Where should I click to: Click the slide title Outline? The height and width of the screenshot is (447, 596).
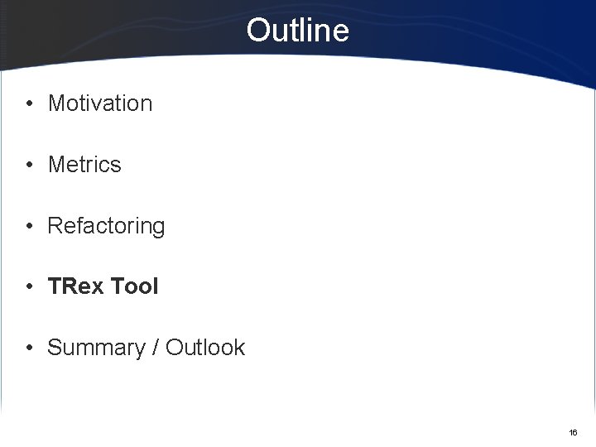click(298, 31)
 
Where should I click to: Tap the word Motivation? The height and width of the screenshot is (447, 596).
click(100, 103)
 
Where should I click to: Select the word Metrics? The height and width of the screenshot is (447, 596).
click(84, 165)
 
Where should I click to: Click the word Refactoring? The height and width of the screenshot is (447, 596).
click(106, 226)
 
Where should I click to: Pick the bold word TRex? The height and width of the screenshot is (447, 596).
click(75, 286)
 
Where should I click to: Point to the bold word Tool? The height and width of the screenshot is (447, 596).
click(134, 286)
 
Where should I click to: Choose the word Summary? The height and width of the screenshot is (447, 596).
click(96, 348)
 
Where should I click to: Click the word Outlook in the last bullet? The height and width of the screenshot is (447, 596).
click(205, 348)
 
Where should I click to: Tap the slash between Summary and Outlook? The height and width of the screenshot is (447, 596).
click(155, 348)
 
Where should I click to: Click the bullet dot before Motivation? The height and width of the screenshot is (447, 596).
click(29, 104)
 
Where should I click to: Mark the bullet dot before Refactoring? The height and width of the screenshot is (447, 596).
click(29, 226)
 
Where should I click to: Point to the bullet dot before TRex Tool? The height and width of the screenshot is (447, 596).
click(29, 287)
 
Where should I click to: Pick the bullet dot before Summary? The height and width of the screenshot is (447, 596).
click(29, 348)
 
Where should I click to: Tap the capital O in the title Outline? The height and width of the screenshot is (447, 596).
click(257, 31)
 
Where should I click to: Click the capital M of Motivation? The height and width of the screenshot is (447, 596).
click(56, 103)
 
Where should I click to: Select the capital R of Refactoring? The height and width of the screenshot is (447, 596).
click(55, 226)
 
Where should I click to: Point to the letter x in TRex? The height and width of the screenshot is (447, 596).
click(97, 287)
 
